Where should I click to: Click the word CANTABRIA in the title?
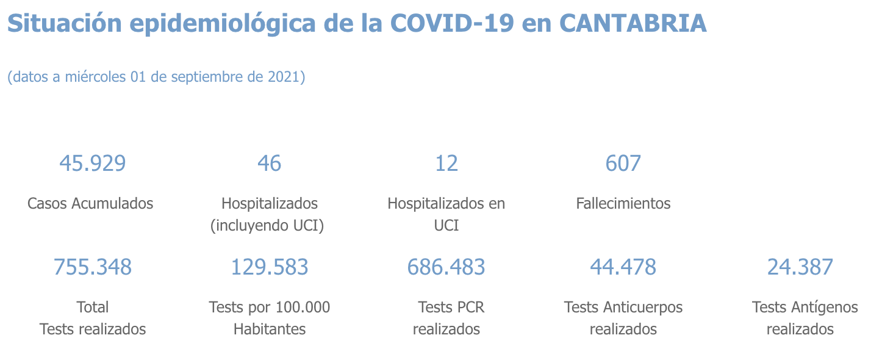[633, 23]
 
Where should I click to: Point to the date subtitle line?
[156, 77]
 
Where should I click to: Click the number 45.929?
[93, 164]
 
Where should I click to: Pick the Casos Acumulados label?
[90, 203]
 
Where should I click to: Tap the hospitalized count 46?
[270, 164]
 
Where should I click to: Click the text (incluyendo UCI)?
[267, 226]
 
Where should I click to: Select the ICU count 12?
[446, 164]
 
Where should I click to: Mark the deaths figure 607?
[623, 164]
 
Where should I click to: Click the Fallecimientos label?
[623, 203]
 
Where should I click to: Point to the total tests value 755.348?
[93, 267]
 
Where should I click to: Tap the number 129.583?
[270, 267]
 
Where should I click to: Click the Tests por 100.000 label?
[270, 307]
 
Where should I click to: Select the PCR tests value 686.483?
[446, 267]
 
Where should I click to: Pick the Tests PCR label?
[451, 307]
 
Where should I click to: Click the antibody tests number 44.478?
[623, 267]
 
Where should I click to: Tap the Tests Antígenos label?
[805, 307]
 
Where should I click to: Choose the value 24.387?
[800, 267]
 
